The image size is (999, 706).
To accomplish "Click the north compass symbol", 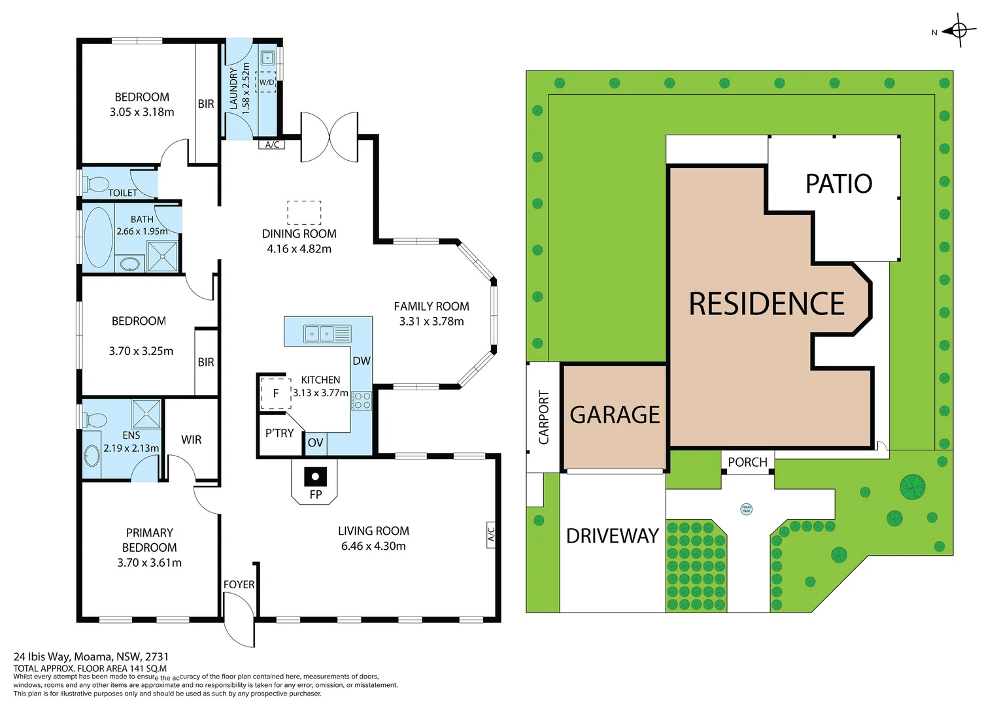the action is pos(960,30).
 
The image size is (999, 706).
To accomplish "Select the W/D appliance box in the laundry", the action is pos(266,82).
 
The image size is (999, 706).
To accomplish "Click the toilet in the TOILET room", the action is pos(95,183).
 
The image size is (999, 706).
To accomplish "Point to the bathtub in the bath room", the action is pos(99,237).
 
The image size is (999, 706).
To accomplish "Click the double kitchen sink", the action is pos(328,333).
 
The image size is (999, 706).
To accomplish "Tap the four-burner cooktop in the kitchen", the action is pos(362,400).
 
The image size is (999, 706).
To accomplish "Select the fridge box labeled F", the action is pos(276,394).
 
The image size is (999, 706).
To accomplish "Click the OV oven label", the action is pos(315,443).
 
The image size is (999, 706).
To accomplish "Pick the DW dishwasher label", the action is pos(362,361).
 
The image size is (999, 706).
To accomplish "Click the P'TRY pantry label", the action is pos(279,433).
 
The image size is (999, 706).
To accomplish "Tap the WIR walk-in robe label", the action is pos(192,440).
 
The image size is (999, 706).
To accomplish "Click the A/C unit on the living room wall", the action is pos(490,534).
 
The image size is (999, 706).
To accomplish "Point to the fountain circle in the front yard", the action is pos(746,509).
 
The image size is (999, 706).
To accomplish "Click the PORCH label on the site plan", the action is pos(747,462).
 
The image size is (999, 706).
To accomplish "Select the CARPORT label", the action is pos(544,418).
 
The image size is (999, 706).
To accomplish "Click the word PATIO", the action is pos(839,184).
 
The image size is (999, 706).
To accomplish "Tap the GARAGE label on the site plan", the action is pos(615,414).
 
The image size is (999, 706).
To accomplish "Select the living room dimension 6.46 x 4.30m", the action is pos(373,546).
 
